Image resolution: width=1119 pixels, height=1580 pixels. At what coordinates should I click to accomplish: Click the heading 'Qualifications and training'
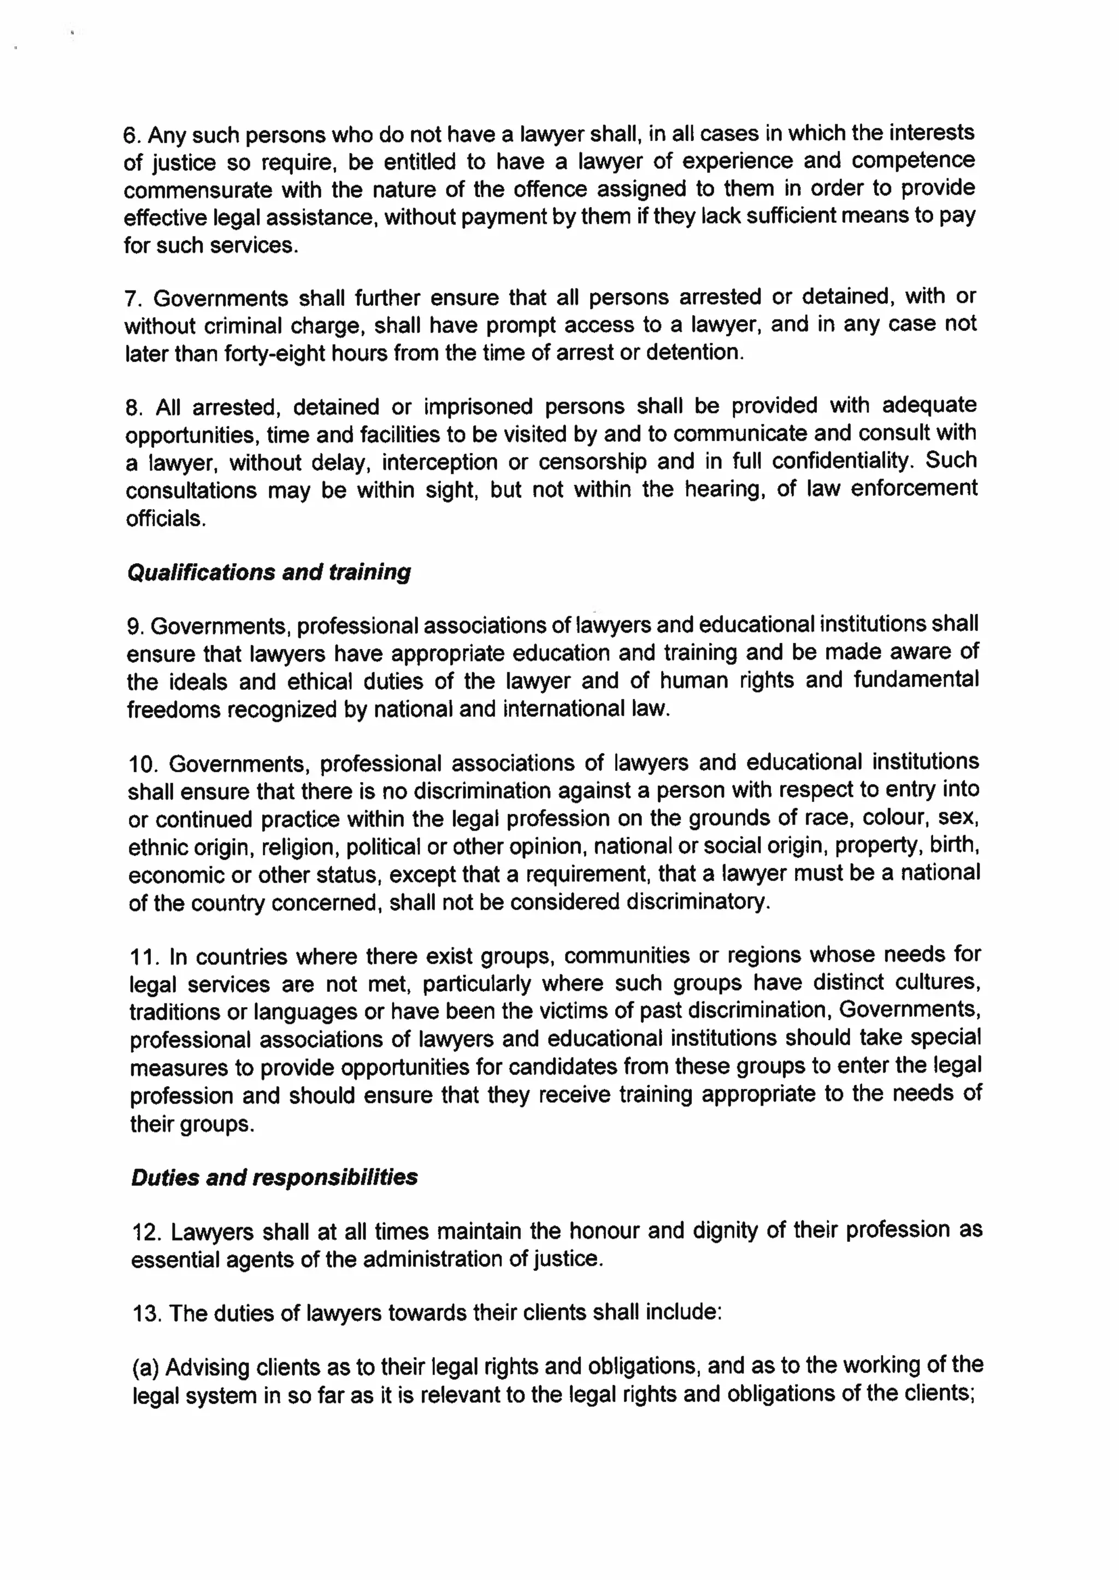tap(269, 572)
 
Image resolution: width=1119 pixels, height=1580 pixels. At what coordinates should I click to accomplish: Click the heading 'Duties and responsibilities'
tap(274, 1177)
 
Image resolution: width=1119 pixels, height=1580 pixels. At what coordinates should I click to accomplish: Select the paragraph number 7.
tap(132, 299)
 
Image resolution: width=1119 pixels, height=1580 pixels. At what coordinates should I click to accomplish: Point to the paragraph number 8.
tap(133, 408)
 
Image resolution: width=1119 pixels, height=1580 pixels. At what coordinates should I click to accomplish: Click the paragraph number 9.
tap(134, 627)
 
